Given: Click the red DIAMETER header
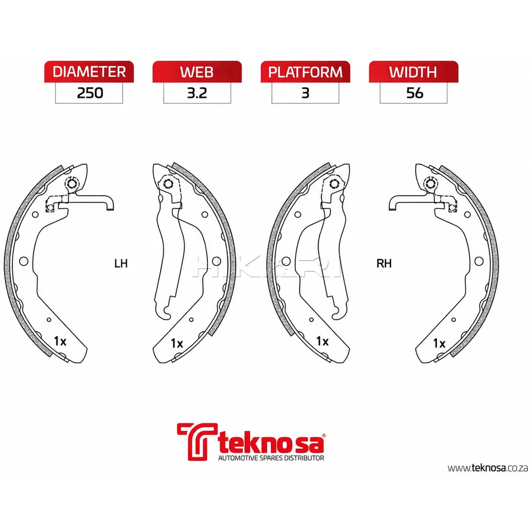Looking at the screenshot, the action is tap(89, 72).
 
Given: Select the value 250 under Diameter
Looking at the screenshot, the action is tap(90, 93).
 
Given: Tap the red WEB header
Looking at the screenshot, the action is tap(197, 72).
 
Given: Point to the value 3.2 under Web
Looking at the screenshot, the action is tap(197, 93).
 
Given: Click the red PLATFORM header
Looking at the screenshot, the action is tap(305, 72).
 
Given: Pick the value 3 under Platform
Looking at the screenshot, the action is tap(305, 93).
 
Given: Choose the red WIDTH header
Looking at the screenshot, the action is tap(413, 72).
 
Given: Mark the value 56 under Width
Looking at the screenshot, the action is tap(414, 93).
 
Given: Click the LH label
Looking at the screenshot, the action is tap(121, 263).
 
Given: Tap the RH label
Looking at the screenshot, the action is tap(384, 263).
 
